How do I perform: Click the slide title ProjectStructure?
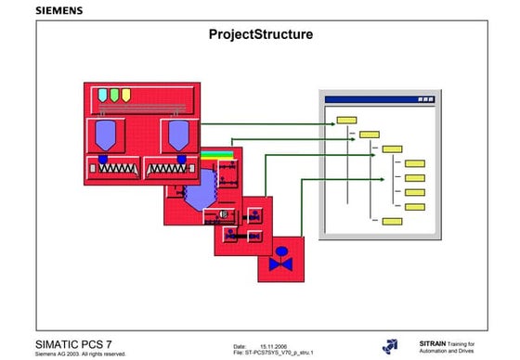(261, 35)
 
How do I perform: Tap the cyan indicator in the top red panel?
(100, 95)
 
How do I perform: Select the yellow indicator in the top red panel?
(125, 95)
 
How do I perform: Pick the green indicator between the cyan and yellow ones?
(112, 95)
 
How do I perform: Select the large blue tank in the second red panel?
(198, 194)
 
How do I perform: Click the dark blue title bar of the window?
(377, 96)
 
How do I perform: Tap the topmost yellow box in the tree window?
(346, 120)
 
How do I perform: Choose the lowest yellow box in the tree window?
(392, 222)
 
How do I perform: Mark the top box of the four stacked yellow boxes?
(415, 163)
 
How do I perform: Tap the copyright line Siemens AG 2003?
(79, 354)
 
